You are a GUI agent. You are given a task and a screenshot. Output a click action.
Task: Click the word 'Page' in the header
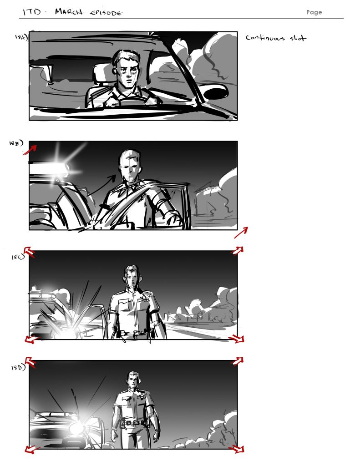point(314,12)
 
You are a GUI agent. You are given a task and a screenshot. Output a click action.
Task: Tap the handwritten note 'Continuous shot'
point(276,38)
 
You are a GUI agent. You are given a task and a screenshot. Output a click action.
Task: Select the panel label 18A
point(20,38)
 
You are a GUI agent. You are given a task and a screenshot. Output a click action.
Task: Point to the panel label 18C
point(17,258)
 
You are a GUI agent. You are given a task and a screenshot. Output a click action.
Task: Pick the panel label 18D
point(17,368)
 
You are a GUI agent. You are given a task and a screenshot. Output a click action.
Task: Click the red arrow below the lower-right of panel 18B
point(241,233)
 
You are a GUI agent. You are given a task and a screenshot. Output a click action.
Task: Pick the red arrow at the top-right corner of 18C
point(237,251)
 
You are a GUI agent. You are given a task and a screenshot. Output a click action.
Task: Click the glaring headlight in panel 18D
point(77,428)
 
